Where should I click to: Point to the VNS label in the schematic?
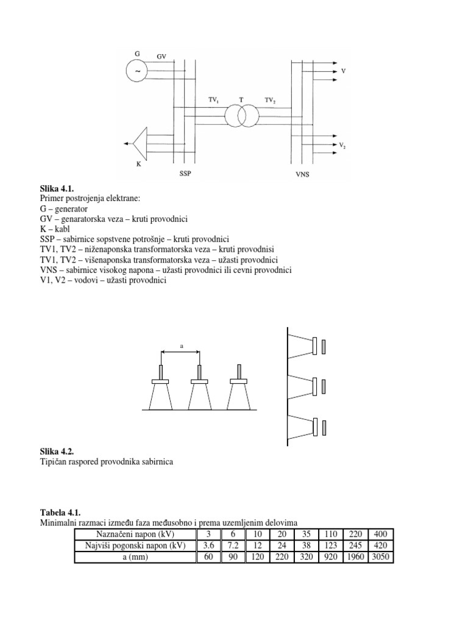click(x=296, y=174)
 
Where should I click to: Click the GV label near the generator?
click(x=161, y=56)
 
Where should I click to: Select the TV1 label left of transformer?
click(x=214, y=99)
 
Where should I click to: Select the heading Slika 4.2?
click(x=57, y=452)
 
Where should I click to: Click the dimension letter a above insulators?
click(x=182, y=346)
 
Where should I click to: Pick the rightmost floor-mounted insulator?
click(x=239, y=394)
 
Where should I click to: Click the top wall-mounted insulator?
click(x=303, y=345)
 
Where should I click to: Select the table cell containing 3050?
click(x=381, y=557)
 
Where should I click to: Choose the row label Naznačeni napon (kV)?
click(x=135, y=534)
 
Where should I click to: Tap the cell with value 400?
click(x=381, y=534)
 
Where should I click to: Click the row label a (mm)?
click(x=135, y=557)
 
